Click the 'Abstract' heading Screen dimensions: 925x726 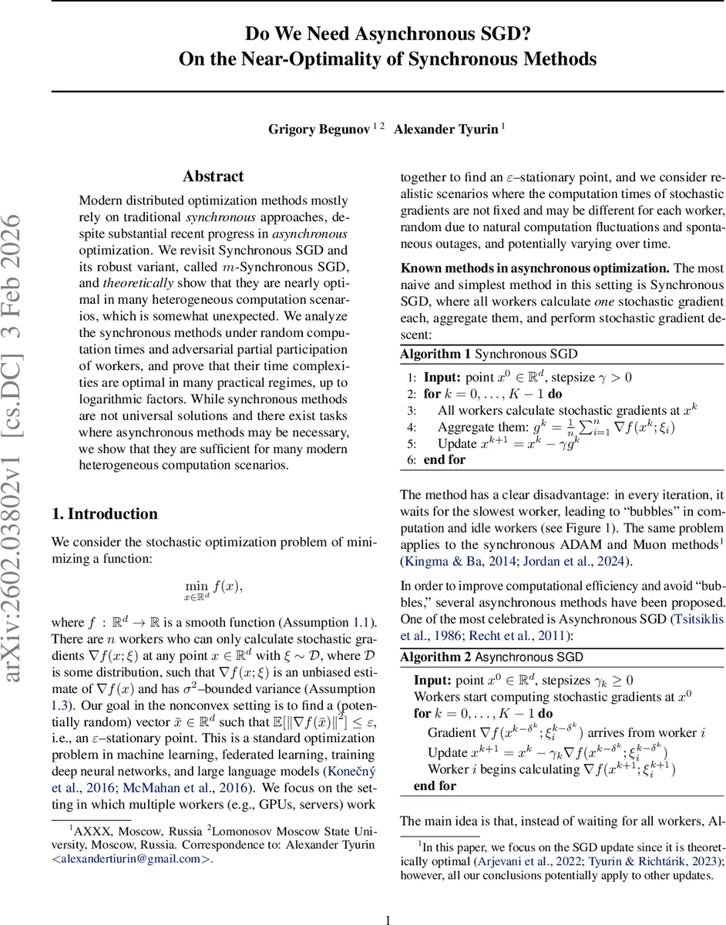pyautogui.click(x=213, y=177)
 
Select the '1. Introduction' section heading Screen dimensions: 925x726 pyautogui.click(x=104, y=514)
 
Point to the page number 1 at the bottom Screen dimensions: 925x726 pyautogui.click(x=388, y=919)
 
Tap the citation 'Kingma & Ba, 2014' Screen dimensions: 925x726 pyautogui.click(x=453, y=561)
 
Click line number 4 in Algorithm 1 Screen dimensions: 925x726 pyautogui.click(x=412, y=427)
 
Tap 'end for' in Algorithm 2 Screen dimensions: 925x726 pyautogui.click(x=435, y=785)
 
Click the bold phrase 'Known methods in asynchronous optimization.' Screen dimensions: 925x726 pyautogui.click(x=534, y=268)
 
